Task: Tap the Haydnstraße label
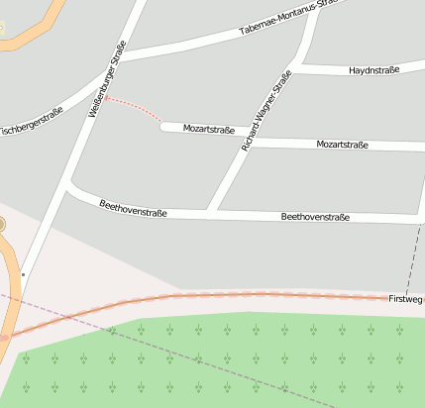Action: click(373, 70)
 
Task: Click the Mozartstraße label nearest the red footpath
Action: click(209, 130)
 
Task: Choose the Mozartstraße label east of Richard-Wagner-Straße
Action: click(342, 145)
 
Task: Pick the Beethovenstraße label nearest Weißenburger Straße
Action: click(133, 208)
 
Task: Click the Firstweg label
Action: click(405, 298)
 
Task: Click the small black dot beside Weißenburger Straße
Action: click(23, 274)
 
